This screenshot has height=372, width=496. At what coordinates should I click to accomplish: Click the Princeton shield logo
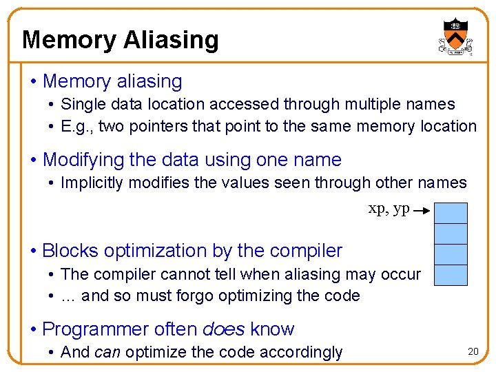coord(455,36)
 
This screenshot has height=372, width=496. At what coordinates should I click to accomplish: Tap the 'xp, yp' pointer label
coord(389,208)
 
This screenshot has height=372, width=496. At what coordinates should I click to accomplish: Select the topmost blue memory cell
coord(453,213)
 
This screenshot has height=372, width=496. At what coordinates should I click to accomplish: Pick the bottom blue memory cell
coord(453,275)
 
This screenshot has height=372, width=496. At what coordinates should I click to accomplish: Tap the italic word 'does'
coord(223,329)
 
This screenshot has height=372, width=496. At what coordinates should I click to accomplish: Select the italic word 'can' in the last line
coord(107,353)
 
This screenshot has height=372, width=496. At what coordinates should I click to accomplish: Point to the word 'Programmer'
coord(94,329)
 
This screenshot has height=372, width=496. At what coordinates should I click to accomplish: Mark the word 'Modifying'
coord(83,160)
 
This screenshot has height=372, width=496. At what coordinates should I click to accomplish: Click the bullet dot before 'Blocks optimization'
coord(34,251)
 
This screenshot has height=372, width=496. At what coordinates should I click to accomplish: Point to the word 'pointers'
coord(158,126)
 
